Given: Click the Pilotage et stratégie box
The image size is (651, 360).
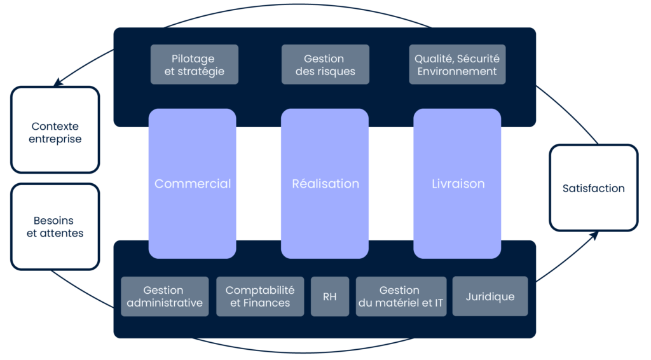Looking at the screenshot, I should click(194, 64).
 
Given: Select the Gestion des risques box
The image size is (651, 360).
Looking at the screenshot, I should click(325, 64).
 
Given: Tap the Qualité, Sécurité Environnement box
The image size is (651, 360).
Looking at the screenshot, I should click(457, 64).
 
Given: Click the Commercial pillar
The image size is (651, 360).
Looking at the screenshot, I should click(193, 184).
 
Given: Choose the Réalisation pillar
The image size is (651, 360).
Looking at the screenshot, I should click(325, 184).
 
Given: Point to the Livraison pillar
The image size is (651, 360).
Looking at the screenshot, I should click(457, 184).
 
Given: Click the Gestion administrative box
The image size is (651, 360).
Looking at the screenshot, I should click(165, 296).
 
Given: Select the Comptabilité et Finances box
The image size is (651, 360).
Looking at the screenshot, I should click(260, 296).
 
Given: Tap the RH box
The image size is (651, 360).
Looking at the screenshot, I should click(330, 296).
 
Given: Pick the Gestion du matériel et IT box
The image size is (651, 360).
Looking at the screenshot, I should click(401, 296).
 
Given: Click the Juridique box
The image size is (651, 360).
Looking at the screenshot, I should click(490, 296).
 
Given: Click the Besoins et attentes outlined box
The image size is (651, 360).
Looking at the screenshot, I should click(56, 226).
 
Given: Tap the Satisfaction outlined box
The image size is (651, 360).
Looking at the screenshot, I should click(593, 188).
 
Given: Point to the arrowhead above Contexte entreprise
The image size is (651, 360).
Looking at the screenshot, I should click(57, 83).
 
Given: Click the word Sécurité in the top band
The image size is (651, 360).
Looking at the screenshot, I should click(478, 59).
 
